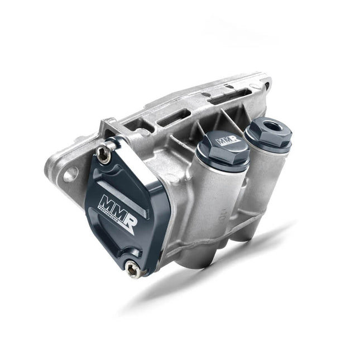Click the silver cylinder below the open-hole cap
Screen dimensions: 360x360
point(262,184)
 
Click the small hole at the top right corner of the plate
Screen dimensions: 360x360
point(267,85)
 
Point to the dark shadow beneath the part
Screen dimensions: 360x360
point(223,268)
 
